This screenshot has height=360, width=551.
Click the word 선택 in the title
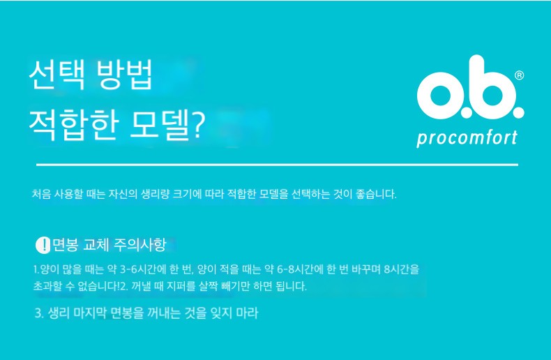click(x=56, y=75)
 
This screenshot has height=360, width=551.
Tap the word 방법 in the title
click(x=124, y=75)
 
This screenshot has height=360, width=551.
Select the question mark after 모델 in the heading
click(x=197, y=125)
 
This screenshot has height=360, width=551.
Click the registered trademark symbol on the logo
click(x=519, y=75)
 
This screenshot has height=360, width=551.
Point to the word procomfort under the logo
click(x=467, y=138)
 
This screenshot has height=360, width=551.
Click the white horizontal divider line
click(x=278, y=164)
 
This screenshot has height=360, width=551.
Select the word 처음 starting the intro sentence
click(x=41, y=194)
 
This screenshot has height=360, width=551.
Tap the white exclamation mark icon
click(x=43, y=245)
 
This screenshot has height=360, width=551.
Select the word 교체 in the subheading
click(x=96, y=245)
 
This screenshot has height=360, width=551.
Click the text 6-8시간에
click(x=300, y=269)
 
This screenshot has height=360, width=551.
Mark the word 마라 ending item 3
click(x=248, y=313)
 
